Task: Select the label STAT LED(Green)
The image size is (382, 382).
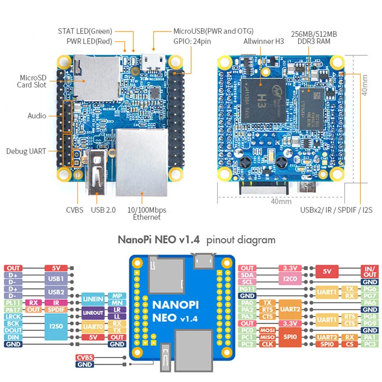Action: (x=85, y=31)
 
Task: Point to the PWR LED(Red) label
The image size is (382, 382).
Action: (x=89, y=41)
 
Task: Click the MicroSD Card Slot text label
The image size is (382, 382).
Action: (x=33, y=81)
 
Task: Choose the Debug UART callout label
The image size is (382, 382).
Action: (x=26, y=151)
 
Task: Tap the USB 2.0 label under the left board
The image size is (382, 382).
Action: (x=103, y=210)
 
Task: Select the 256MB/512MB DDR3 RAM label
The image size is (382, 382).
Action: (x=314, y=38)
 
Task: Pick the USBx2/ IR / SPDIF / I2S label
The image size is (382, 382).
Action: (x=336, y=210)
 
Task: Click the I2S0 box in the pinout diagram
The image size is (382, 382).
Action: (x=56, y=327)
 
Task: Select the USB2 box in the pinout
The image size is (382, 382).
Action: (x=56, y=292)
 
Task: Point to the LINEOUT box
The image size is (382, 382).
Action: (x=93, y=313)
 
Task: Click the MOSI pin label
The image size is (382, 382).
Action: (x=266, y=330)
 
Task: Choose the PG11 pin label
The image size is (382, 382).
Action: (x=247, y=289)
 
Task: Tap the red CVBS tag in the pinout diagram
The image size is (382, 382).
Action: (x=85, y=358)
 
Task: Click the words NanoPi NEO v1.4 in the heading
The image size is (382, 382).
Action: (x=159, y=240)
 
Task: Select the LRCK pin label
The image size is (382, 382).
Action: (x=13, y=317)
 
